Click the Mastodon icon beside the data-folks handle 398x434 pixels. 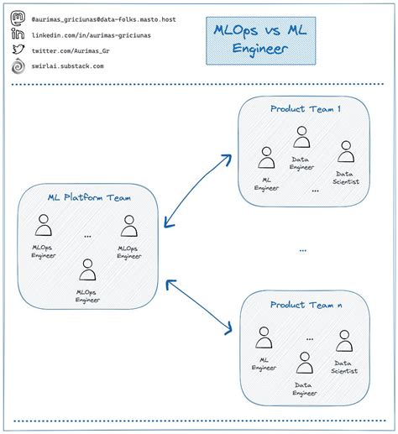tap(17, 17)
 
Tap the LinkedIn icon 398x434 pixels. tap(17, 33)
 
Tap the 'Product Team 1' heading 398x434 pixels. tap(305, 109)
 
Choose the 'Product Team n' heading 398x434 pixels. tap(305, 305)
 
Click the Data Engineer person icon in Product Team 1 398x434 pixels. tap(301, 137)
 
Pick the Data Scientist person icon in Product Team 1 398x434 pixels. tap(345, 152)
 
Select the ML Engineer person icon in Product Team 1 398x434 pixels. tap(266, 158)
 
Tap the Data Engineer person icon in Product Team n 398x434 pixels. tap(305, 363)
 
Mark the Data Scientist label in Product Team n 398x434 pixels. tap(344, 366)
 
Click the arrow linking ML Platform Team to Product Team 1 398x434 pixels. tap(198, 191)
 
